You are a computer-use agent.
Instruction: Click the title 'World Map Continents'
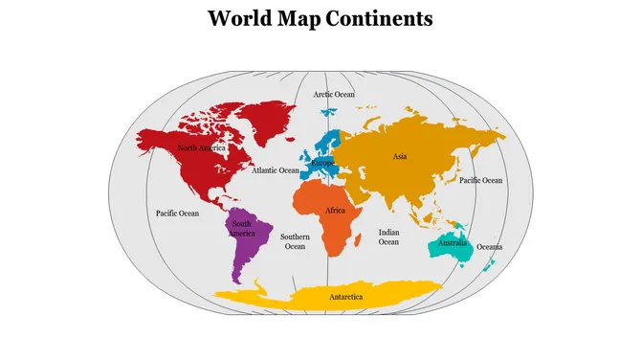(320, 18)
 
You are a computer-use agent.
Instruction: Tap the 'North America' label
(202, 148)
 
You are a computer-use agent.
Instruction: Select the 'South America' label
(241, 229)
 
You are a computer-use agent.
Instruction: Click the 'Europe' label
(322, 163)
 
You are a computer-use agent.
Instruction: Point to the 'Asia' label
(400, 156)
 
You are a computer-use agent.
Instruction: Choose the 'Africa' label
(335, 211)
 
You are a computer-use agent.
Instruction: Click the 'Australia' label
(453, 243)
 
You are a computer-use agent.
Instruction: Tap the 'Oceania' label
(489, 247)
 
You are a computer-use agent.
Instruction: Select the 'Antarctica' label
(346, 298)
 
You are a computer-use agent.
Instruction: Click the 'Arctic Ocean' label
(334, 95)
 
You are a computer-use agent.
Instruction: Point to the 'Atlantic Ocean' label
(276, 170)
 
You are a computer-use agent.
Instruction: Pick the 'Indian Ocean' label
(388, 236)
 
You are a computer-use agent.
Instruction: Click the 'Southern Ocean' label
(295, 241)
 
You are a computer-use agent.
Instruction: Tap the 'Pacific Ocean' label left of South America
(177, 213)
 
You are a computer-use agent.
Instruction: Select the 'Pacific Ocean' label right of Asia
(480, 180)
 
